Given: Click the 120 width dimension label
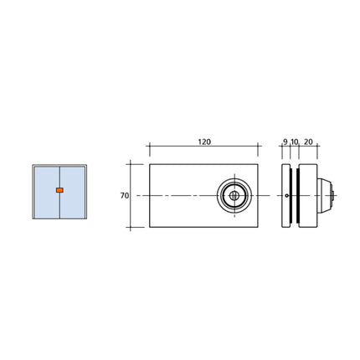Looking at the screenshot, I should [x=203, y=143].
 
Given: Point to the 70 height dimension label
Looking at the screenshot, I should [x=124, y=195].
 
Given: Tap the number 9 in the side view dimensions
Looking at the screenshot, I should [x=285, y=143].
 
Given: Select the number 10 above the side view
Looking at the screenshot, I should [x=295, y=143].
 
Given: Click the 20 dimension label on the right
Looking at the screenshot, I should [x=308, y=143].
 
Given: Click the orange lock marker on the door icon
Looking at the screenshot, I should [x=59, y=191].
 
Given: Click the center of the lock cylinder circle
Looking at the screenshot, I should [x=235, y=197].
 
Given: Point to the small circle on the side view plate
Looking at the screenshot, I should [x=287, y=197].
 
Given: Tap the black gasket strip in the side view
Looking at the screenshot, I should [x=292, y=197].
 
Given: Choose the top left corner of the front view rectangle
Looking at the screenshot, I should [x=149, y=162].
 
